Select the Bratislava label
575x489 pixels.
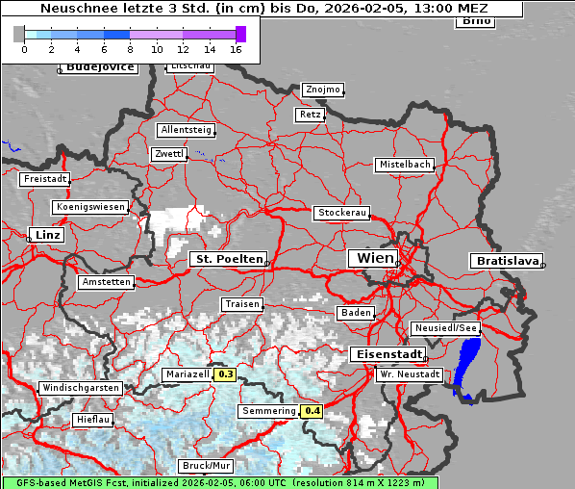tap(506, 261)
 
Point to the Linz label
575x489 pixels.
tap(45, 235)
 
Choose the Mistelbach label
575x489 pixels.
tap(404, 165)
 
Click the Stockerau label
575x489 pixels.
tap(341, 213)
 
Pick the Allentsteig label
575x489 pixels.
tap(186, 130)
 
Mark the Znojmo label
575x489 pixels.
tap(322, 90)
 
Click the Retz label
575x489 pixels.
tap(310, 115)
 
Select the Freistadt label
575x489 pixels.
tap(45, 179)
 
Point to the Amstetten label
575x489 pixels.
tap(106, 282)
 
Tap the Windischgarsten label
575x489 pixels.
tap(81, 388)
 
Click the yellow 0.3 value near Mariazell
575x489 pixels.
tap(225, 374)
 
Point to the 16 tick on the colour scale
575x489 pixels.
tap(236, 48)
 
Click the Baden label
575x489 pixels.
tap(355, 313)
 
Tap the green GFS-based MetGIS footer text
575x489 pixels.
tap(219, 482)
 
